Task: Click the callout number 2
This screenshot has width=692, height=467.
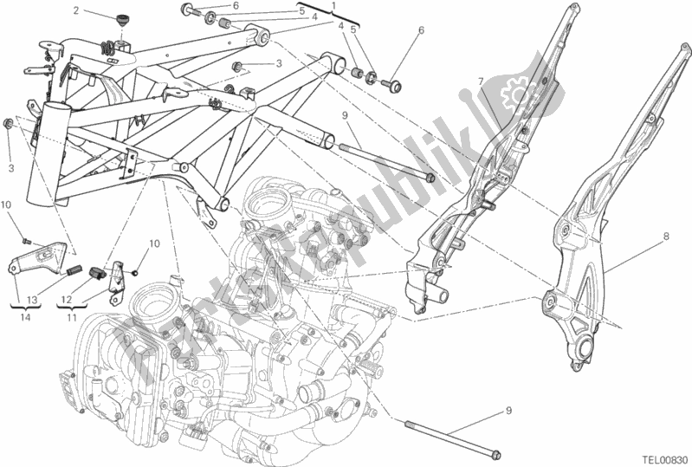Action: click(x=76, y=10)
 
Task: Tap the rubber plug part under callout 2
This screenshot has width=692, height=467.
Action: click(x=120, y=20)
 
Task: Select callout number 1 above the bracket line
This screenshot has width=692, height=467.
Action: click(x=333, y=6)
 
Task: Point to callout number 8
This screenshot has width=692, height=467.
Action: click(x=666, y=237)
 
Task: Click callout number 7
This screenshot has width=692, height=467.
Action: click(x=481, y=81)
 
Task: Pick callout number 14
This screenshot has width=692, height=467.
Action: click(x=25, y=317)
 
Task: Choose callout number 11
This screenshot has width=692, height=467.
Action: click(x=72, y=317)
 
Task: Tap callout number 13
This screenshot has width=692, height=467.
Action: click(x=32, y=300)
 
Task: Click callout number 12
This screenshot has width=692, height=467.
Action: click(x=66, y=300)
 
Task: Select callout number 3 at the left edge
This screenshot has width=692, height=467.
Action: click(x=11, y=168)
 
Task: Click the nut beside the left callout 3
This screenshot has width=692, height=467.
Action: click(x=8, y=123)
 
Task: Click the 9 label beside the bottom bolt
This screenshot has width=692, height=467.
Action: click(x=509, y=411)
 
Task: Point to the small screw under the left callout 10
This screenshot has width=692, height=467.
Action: click(x=26, y=241)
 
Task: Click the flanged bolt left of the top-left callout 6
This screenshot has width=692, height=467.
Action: click(x=189, y=9)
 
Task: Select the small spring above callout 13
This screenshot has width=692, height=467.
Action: click(x=74, y=269)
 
